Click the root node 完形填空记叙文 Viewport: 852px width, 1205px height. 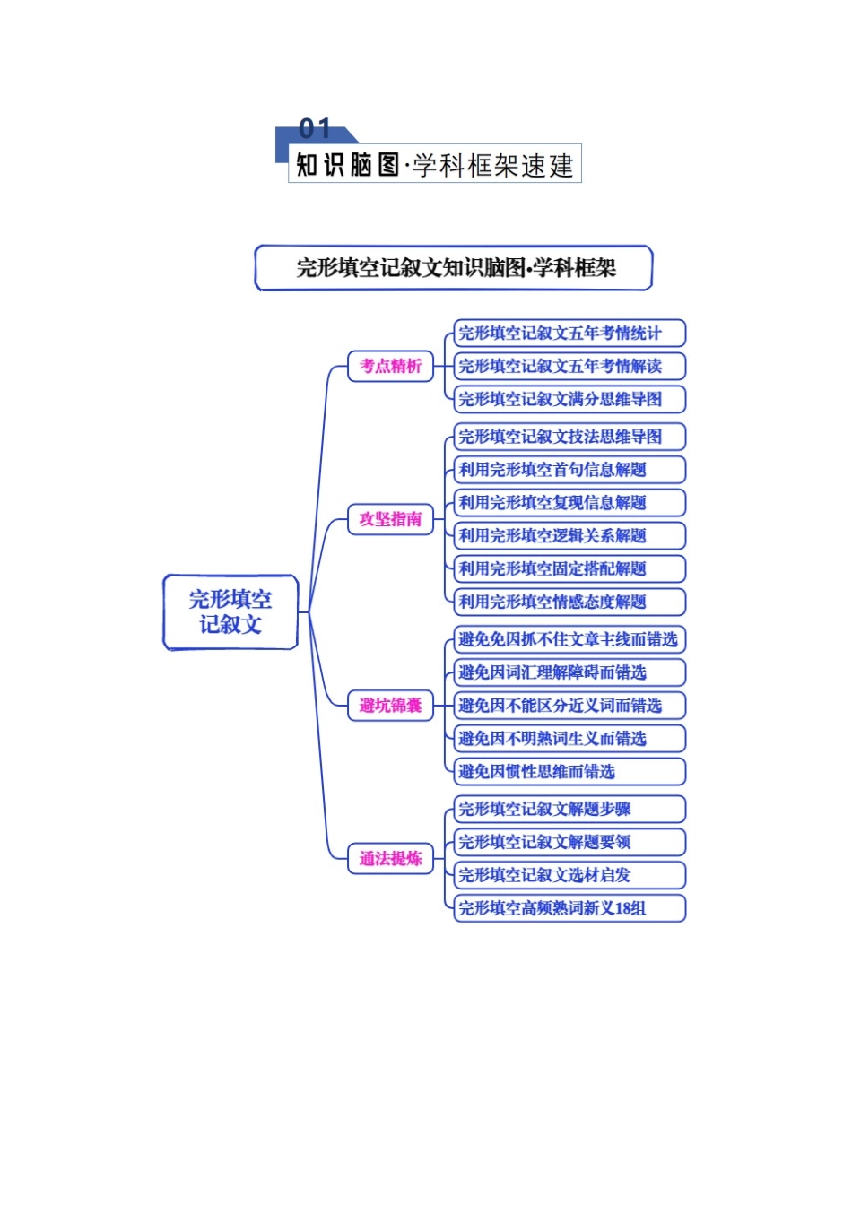tap(230, 612)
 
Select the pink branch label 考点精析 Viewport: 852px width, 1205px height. tap(390, 366)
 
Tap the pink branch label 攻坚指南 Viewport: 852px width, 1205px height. tap(390, 519)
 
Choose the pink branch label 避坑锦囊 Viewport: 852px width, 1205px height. tap(390, 706)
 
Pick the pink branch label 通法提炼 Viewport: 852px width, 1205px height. tap(390, 859)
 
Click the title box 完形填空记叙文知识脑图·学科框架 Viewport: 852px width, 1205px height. tap(454, 268)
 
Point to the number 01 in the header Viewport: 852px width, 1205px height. tap(315, 129)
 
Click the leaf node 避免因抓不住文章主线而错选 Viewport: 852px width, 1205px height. tap(569, 639)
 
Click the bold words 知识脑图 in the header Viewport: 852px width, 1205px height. tap(348, 165)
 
